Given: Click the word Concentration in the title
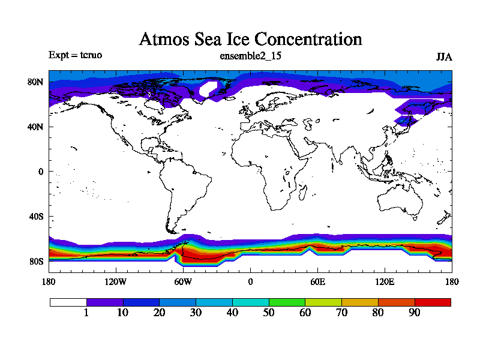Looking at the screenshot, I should click(x=308, y=40).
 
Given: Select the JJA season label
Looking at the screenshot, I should click(x=443, y=57).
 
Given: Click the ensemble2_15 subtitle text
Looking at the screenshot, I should click(x=251, y=56).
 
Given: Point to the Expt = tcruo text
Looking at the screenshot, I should click(x=75, y=55).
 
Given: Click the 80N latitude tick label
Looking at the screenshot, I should click(x=37, y=82).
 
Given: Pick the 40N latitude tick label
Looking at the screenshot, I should click(x=37, y=127).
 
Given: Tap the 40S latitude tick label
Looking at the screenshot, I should click(x=37, y=217).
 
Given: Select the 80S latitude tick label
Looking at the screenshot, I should click(x=37, y=262).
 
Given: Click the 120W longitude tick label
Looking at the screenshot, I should click(x=116, y=282).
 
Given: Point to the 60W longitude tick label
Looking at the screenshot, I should click(x=183, y=282).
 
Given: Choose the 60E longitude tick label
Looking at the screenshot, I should click(x=317, y=282).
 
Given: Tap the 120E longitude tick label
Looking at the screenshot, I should click(x=385, y=282).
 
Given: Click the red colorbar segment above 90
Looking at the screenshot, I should click(x=433, y=302).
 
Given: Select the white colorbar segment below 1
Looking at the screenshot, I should click(x=68, y=302).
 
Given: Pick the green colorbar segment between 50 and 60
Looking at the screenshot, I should click(x=287, y=302).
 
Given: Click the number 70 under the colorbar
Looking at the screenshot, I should click(x=341, y=313).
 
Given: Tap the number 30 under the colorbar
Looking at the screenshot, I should click(x=196, y=313).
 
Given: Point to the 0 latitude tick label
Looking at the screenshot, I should click(x=41, y=172).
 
